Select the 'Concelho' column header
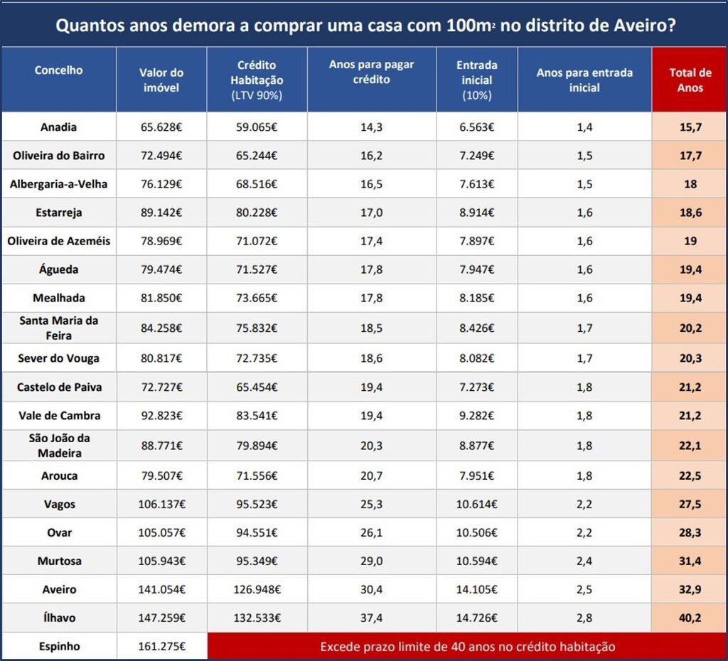tap(58, 70)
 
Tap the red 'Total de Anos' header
tap(690, 80)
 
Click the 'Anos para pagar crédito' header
tap(371, 72)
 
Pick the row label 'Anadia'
tap(58, 127)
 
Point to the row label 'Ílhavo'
tap(58, 618)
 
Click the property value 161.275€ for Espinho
tap(161, 647)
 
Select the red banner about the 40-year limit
tap(467, 647)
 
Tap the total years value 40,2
tap(690, 618)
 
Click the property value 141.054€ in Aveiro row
tap(161, 589)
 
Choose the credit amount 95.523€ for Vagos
tap(256, 504)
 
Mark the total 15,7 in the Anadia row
tap(690, 127)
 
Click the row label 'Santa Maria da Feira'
tap(58, 327)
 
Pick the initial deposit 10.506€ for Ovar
tap(476, 532)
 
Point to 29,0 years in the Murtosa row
tap(371, 561)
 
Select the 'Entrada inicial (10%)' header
tap(476, 80)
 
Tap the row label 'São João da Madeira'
tap(58, 446)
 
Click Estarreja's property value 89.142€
tap(161, 213)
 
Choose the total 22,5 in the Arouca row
tap(690, 475)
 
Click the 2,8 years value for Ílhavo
tap(584, 618)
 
